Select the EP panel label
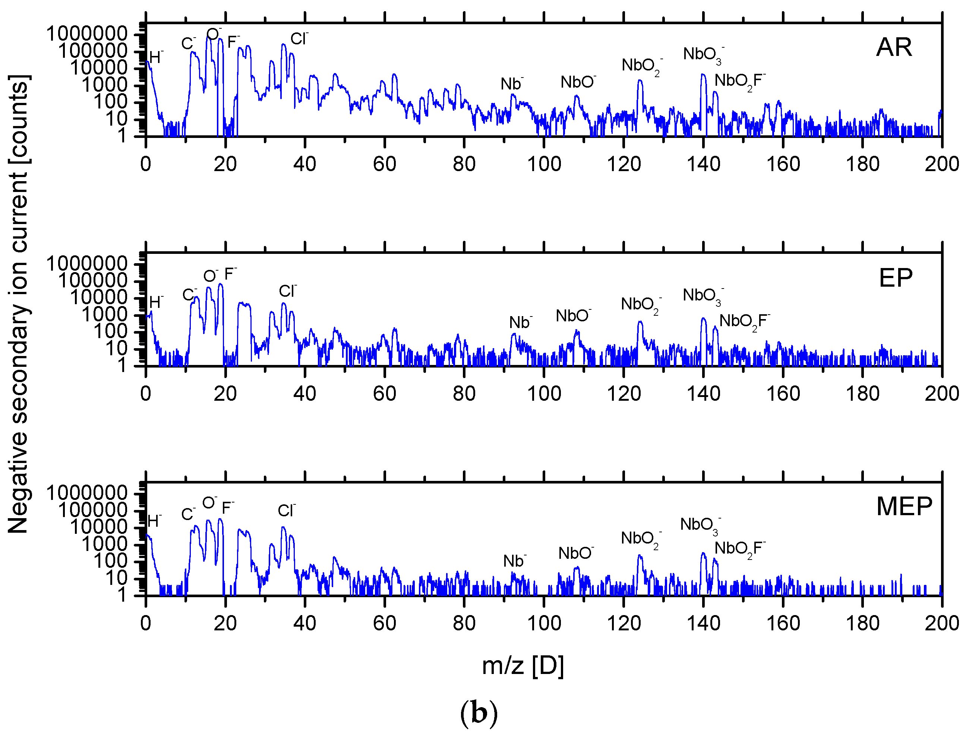[896, 277]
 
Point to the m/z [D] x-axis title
[523, 666]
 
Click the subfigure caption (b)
[479, 713]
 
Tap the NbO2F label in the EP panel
[744, 322]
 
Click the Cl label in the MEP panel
[287, 510]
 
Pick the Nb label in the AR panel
[511, 84]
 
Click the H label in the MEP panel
[155, 521]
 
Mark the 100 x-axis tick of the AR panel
[544, 164]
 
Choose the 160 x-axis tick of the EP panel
[783, 394]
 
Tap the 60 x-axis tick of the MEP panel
[384, 623]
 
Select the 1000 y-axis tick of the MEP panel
[105, 544]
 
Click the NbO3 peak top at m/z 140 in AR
[703, 75]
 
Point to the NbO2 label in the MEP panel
[640, 539]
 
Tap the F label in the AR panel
[233, 42]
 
